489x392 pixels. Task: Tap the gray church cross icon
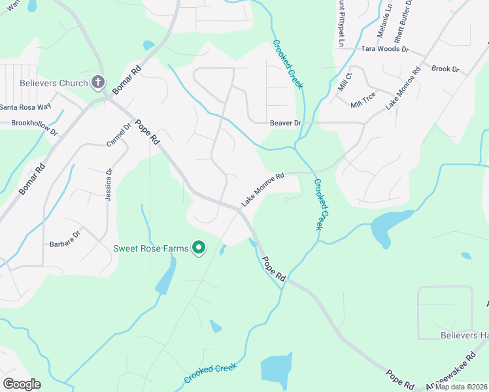click(97, 82)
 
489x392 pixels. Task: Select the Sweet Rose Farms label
click(150, 248)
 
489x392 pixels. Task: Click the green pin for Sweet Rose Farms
click(199, 248)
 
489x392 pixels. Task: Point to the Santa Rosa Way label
click(25, 107)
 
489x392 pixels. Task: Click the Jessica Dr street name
click(109, 184)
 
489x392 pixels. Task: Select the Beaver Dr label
click(285, 122)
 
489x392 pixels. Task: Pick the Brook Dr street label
click(445, 69)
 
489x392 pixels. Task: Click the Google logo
click(22, 384)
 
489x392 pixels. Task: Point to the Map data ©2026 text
click(461, 387)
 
